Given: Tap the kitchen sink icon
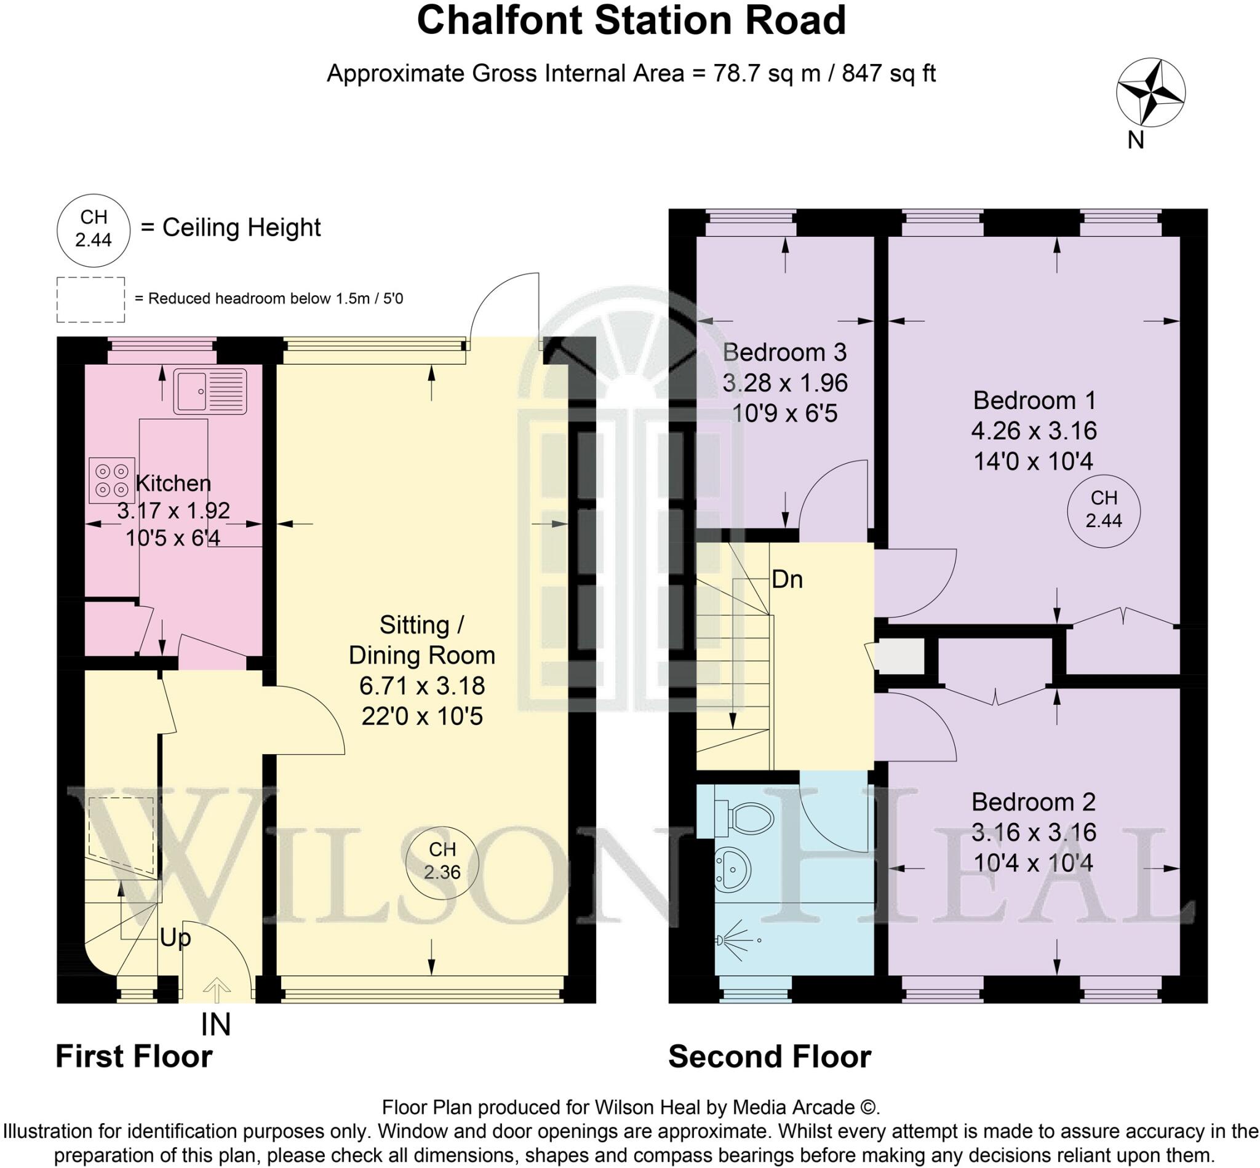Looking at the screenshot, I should pos(209,391).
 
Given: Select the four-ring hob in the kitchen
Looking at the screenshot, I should pos(111,480).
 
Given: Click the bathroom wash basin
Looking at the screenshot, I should pos(734,869).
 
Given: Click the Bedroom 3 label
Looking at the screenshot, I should pos(784,352).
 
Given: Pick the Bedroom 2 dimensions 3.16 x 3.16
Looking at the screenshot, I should pos(1033,832).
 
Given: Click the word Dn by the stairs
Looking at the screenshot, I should pos(787,579).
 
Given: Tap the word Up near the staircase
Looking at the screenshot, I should pos(175,938).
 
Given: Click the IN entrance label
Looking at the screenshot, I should pos(215,1025).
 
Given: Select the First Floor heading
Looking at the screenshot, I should pos(134,1057).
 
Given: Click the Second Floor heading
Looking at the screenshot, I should pos(770,1057).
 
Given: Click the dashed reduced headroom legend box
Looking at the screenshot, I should pos(90,300).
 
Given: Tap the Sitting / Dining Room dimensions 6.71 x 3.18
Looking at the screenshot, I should pos(421,686).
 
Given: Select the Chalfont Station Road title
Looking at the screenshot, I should pos(631,20).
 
